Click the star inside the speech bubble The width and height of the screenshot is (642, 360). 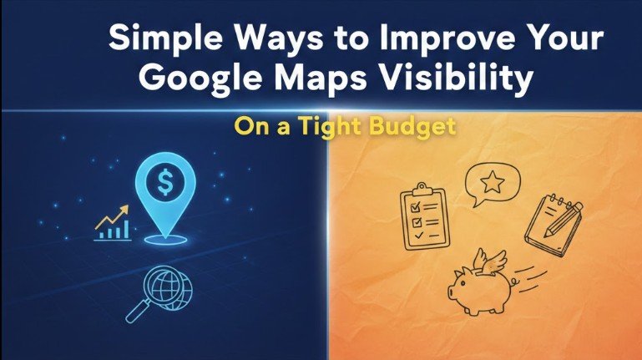click(492, 180)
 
